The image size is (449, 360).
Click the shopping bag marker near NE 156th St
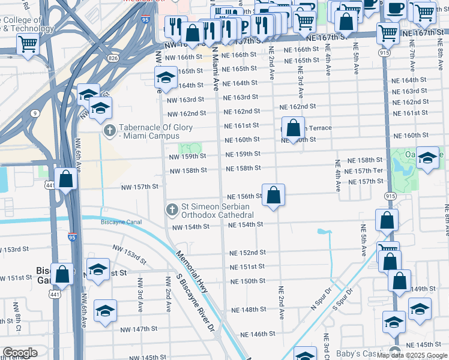273,196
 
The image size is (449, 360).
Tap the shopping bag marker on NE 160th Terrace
293,128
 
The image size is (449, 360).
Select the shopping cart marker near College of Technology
28,44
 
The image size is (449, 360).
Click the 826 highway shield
113,58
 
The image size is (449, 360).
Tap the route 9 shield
36,112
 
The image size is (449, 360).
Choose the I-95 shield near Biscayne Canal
72,237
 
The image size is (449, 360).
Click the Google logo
19,353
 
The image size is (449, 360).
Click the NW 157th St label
139,187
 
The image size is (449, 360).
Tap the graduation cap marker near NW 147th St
105,311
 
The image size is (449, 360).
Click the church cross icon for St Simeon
172,209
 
